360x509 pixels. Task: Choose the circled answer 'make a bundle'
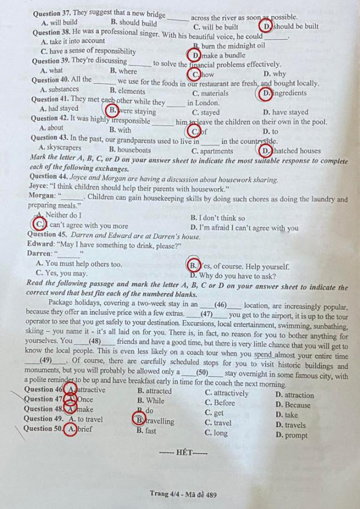[x=219, y=55]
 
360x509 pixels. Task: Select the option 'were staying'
[x=132, y=111]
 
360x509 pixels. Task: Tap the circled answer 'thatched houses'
[x=290, y=151]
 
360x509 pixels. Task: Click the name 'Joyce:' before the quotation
[x=39, y=189]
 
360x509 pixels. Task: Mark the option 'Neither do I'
[x=62, y=215]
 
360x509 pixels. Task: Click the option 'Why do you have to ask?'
[x=233, y=275]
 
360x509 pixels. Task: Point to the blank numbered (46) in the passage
[x=220, y=305]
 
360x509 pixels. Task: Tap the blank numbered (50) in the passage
[x=202, y=372]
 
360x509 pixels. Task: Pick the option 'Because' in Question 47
[x=294, y=405]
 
